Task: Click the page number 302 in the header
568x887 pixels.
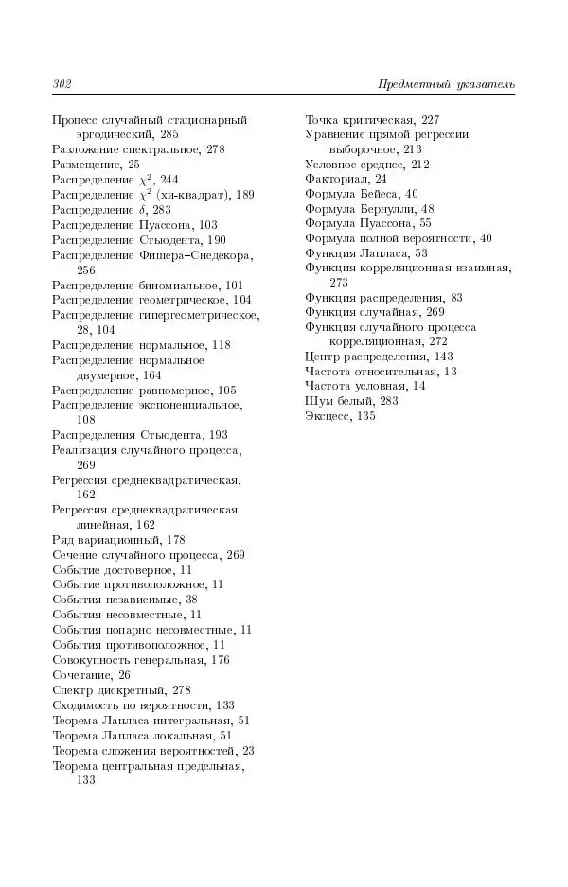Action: (x=62, y=85)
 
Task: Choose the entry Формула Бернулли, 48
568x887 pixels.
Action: (x=369, y=209)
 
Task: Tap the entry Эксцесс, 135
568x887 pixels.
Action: (x=340, y=416)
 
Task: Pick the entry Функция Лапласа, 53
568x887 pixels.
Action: (x=366, y=253)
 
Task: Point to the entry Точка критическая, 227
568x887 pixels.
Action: (x=372, y=120)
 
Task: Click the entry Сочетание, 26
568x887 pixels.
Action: (x=91, y=674)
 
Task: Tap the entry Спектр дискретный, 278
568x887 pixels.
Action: (x=122, y=689)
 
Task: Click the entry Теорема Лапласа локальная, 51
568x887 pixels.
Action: (x=142, y=735)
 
